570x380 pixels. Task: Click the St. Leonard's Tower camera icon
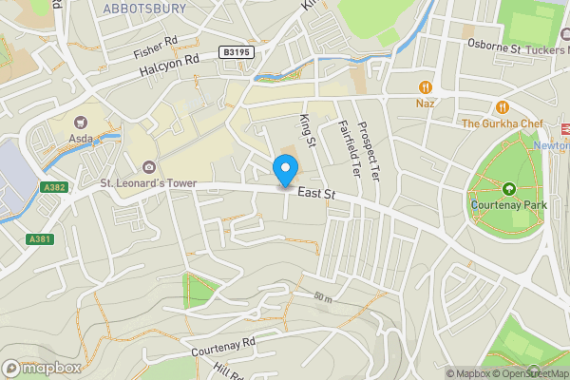pyautogui.click(x=150, y=168)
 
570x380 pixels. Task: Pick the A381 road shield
pyautogui.click(x=38, y=238)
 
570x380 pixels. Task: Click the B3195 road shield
pyautogui.click(x=238, y=53)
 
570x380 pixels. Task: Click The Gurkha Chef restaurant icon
pyautogui.click(x=502, y=107)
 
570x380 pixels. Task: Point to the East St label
pyautogui.click(x=316, y=193)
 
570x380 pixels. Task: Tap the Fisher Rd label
pyautogui.click(x=157, y=42)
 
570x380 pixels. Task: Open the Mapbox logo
pyautogui.click(x=42, y=367)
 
